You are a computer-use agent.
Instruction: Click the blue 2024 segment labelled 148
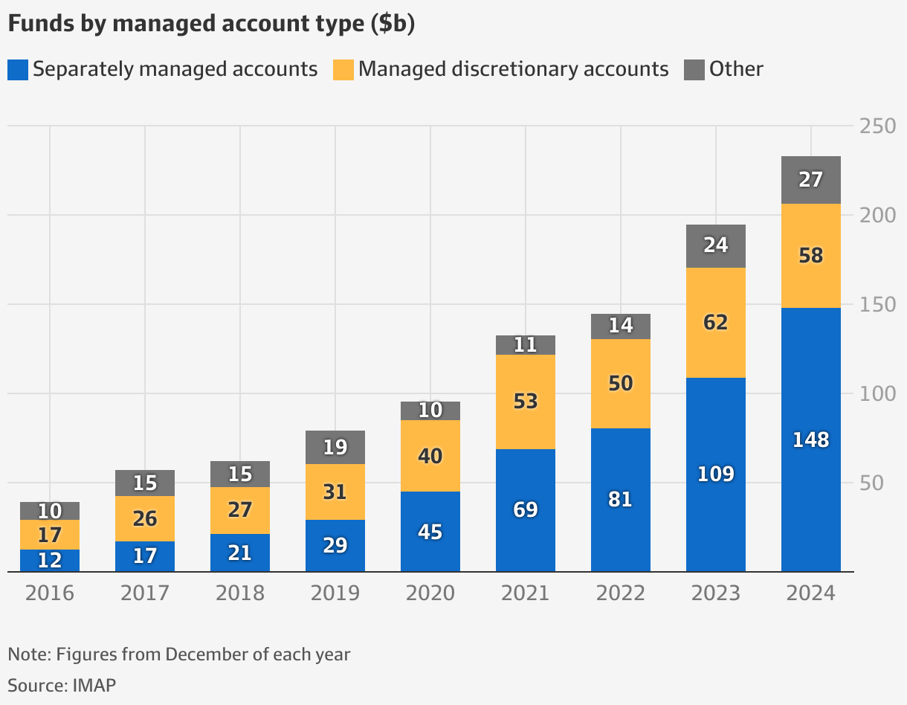coord(810,440)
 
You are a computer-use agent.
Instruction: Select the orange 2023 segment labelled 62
coord(715,323)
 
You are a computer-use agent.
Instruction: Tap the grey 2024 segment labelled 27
coord(810,180)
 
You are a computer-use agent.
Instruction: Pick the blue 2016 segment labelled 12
coord(50,561)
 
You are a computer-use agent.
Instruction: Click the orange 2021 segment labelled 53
coord(525,402)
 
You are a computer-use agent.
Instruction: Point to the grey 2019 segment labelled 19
coord(335,447)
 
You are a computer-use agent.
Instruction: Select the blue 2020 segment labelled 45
coord(430,532)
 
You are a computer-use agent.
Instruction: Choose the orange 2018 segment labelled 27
coord(239,510)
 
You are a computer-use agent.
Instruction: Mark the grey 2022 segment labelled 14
coord(620,326)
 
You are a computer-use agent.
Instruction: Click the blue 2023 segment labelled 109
coord(715,474)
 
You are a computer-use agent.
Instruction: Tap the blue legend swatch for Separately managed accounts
coord(18,70)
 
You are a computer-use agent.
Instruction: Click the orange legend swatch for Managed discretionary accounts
coord(343,70)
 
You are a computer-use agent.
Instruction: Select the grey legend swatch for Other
coord(694,70)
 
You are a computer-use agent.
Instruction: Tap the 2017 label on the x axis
coord(145,593)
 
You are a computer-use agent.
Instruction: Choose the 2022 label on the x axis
coord(620,593)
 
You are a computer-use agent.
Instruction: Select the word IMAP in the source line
coord(94,684)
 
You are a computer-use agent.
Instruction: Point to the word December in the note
coord(203,654)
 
